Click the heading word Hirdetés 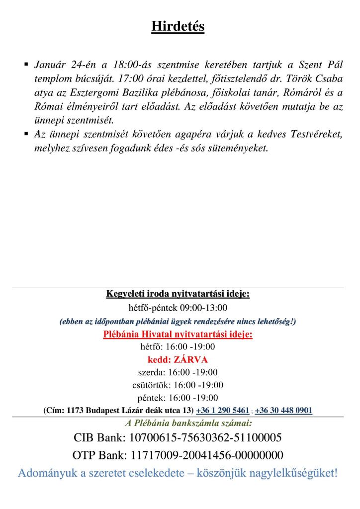point(178,26)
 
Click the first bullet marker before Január point(26,65)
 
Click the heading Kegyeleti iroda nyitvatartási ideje point(178,294)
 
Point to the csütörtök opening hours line point(178,385)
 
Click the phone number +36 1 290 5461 point(223,411)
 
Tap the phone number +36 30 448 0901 point(283,411)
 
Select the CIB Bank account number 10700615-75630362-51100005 point(205,438)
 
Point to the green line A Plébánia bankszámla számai point(188,424)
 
